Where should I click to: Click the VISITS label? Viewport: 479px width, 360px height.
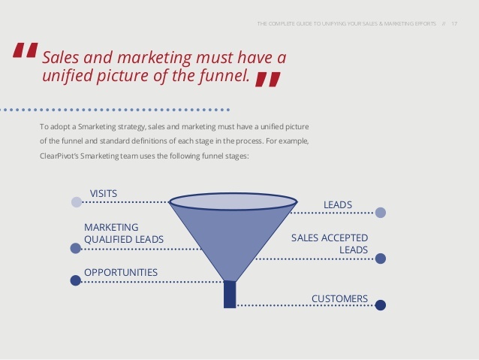point(104,194)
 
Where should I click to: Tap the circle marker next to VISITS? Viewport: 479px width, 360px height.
point(77,202)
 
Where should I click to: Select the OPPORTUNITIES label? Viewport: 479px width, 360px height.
point(121,272)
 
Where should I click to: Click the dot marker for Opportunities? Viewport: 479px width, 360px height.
point(76,280)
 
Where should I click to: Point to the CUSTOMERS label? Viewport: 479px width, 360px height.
point(339,298)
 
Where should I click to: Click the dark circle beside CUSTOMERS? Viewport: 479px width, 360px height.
point(381,305)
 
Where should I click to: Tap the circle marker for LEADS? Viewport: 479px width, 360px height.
point(381,212)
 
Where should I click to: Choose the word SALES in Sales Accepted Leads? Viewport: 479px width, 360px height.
point(304,237)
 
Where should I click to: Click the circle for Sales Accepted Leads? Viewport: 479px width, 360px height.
point(381,259)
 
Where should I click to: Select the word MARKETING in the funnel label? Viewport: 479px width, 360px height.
point(111,227)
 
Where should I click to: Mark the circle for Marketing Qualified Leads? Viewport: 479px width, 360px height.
point(76,248)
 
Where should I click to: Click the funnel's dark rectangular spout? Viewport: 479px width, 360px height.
point(230,295)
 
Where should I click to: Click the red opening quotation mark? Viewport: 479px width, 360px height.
point(26,50)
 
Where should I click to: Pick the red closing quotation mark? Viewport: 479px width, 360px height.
point(268,80)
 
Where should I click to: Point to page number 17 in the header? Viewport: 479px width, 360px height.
point(454,24)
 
